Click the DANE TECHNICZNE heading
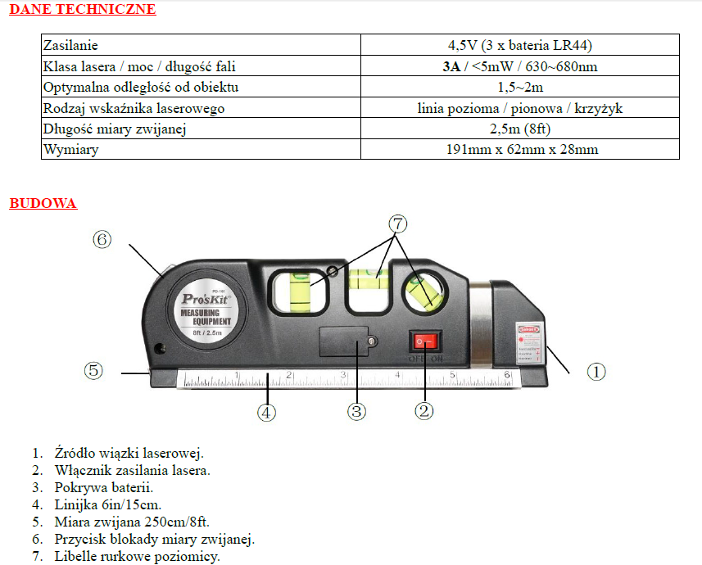82,10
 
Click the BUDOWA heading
43,203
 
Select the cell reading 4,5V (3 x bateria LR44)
519,46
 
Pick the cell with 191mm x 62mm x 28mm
519,149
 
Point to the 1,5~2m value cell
519,88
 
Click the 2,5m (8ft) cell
519,129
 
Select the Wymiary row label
71,149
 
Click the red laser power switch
425,342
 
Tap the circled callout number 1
596,371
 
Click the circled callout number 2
423,411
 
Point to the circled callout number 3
356,411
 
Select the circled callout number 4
266,412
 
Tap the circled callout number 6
102,239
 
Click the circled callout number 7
397,222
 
